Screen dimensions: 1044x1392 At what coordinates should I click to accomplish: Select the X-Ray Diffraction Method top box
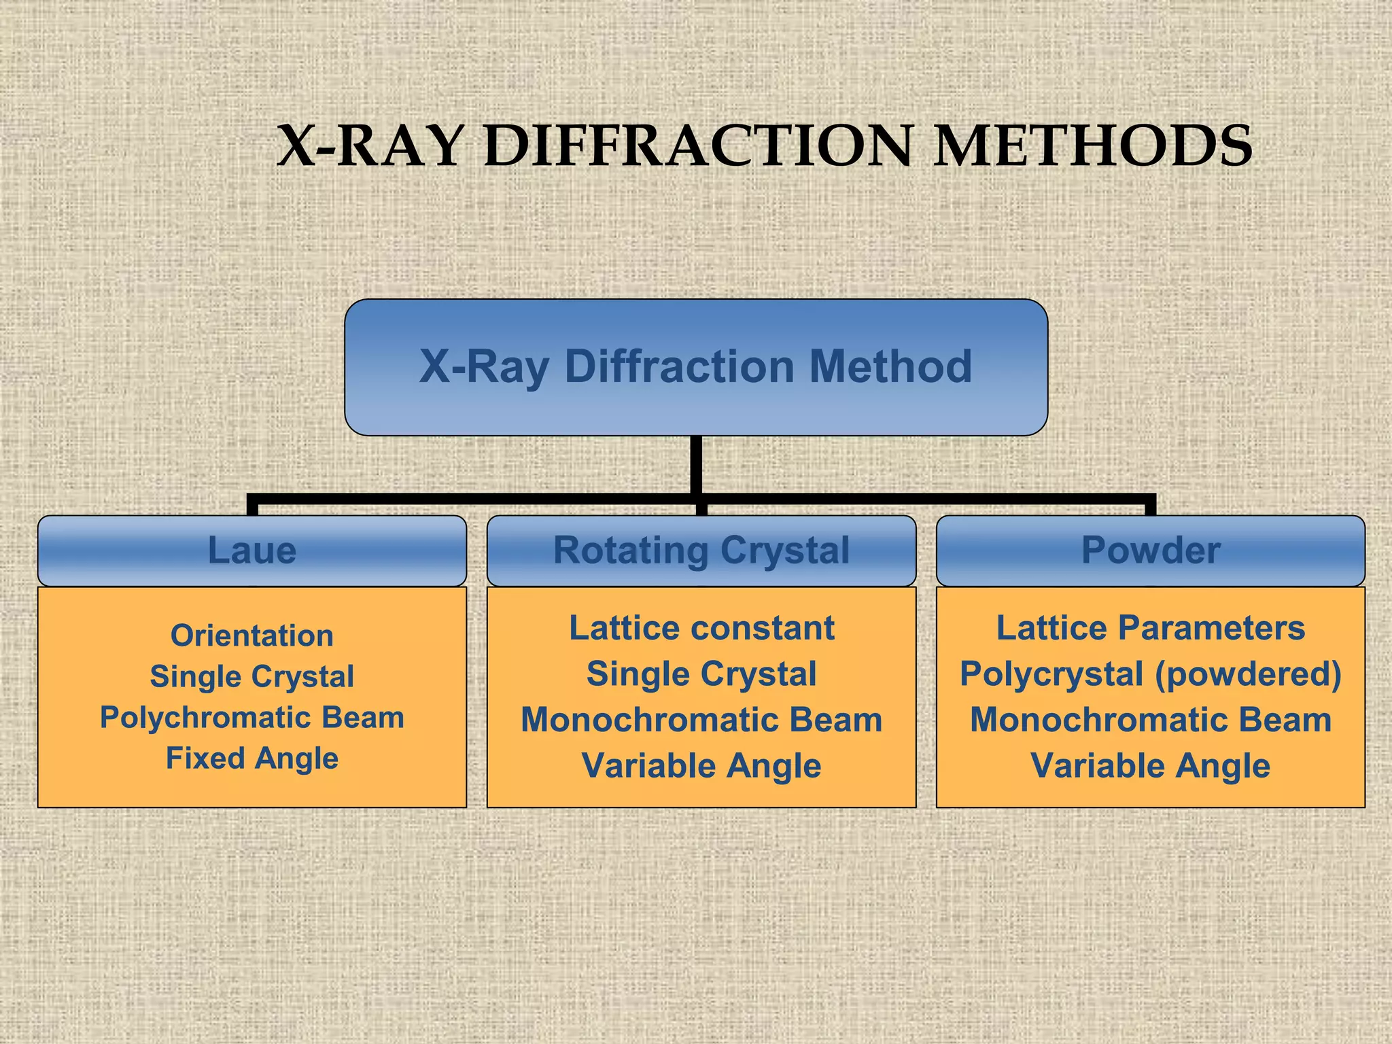695,367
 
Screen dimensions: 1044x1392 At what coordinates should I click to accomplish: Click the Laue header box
251,550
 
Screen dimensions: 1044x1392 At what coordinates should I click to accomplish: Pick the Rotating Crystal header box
701,550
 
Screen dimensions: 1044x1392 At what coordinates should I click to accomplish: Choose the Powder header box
1150,550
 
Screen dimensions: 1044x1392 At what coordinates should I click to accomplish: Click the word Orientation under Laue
251,636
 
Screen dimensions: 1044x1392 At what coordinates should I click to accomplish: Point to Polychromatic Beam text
251,717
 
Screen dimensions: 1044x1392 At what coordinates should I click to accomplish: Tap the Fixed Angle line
251,758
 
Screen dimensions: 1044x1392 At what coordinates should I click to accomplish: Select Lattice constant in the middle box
701,627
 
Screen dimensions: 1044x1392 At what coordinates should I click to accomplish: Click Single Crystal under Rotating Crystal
701,674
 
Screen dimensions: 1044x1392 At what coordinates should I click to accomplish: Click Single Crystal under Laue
251,676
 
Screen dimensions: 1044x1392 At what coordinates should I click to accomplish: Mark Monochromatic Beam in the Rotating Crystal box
701,720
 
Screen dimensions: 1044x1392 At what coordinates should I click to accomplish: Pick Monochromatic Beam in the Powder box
1150,720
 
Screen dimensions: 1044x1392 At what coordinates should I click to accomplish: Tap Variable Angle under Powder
1150,766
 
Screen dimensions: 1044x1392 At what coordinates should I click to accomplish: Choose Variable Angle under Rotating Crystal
701,766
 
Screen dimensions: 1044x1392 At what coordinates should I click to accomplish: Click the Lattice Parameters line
1150,627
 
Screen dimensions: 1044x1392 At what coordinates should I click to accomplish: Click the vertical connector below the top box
695,465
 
